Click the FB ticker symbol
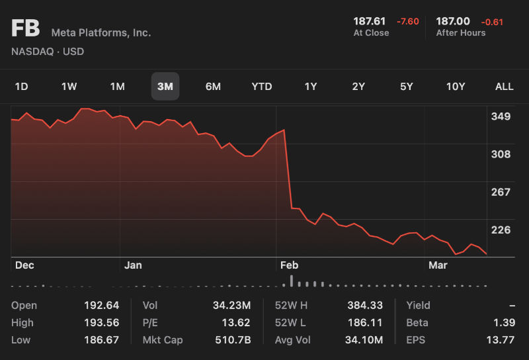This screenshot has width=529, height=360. (26, 29)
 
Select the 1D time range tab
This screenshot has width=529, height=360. (22, 87)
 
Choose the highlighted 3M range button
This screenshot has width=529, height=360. (165, 87)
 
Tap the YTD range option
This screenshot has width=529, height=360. (262, 87)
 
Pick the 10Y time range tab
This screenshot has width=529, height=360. (456, 87)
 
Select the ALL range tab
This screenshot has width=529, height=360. (505, 87)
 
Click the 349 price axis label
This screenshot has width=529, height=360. (501, 117)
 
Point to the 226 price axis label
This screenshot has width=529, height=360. (501, 230)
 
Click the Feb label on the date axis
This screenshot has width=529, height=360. (289, 265)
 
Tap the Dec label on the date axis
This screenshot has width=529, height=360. (24, 265)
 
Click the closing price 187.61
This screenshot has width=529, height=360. (370, 21)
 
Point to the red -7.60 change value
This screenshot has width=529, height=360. (407, 22)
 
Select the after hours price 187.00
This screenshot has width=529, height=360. (453, 21)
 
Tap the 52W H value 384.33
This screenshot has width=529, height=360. (365, 306)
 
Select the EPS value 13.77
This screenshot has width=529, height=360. (500, 340)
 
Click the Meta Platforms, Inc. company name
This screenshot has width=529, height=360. (101, 32)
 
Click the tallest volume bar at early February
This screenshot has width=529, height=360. (292, 281)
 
